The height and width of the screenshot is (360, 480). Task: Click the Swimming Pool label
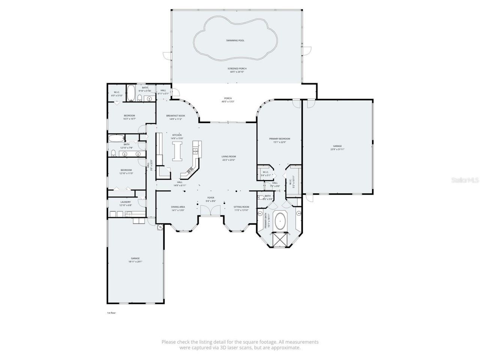click(235, 40)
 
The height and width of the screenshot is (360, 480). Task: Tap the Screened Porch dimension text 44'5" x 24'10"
click(237, 72)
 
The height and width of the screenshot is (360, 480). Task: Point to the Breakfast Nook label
click(175, 116)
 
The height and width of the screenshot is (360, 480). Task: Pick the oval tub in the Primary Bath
click(280, 222)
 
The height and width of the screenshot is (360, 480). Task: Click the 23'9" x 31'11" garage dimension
click(337, 149)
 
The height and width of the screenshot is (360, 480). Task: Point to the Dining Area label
click(178, 207)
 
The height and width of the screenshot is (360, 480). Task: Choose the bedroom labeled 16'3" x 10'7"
click(129, 117)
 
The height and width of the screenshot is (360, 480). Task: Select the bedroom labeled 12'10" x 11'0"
click(126, 172)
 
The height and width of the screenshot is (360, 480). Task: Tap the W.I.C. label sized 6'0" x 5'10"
click(117, 94)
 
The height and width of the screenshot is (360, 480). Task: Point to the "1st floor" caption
click(111, 312)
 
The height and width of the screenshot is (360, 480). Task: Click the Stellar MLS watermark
click(465, 180)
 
